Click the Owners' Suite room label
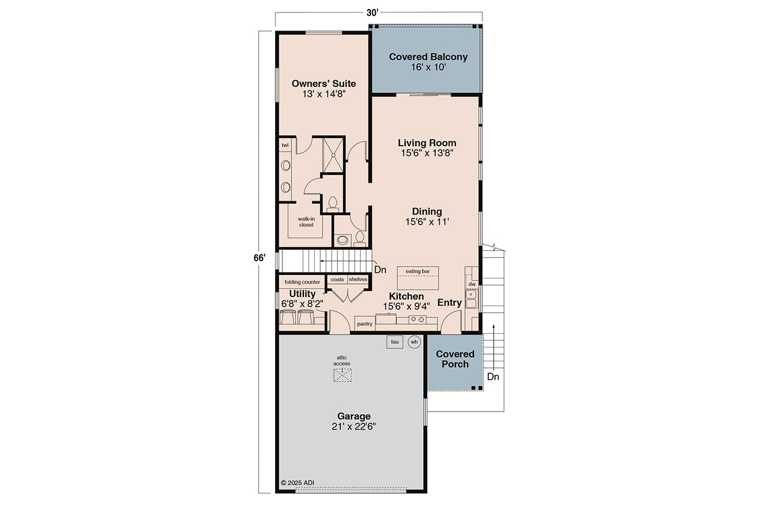pyautogui.click(x=323, y=83)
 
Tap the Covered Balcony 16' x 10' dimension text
pyautogui.click(x=428, y=68)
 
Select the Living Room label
pyautogui.click(x=427, y=143)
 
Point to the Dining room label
pyautogui.click(x=427, y=211)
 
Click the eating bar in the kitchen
pyautogui.click(x=418, y=272)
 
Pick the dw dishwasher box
pyautogui.click(x=472, y=284)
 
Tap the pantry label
pyautogui.click(x=364, y=324)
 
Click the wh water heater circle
pyautogui.click(x=414, y=342)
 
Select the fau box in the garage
pyautogui.click(x=394, y=342)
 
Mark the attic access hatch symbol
pyautogui.click(x=342, y=375)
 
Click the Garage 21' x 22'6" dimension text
pyautogui.click(x=353, y=427)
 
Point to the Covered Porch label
pyautogui.click(x=455, y=359)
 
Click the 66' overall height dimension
pyautogui.click(x=259, y=258)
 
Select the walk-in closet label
pyautogui.click(x=306, y=222)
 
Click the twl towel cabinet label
pyautogui.click(x=285, y=145)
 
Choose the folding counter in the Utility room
pyautogui.click(x=302, y=282)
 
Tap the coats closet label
pyautogui.click(x=338, y=279)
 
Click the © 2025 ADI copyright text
pyautogui.click(x=297, y=482)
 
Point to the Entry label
pyautogui.click(x=449, y=303)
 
